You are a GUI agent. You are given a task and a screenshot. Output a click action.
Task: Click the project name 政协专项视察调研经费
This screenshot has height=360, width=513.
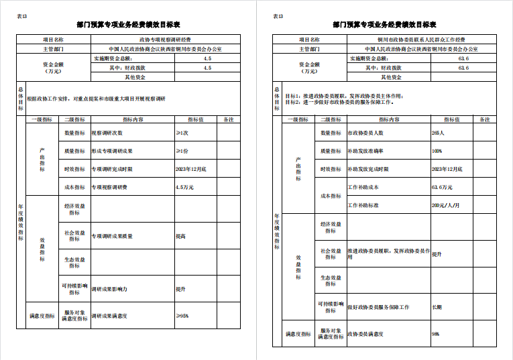coord(164,40)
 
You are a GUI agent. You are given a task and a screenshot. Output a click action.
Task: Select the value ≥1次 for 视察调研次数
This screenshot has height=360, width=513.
coord(182,133)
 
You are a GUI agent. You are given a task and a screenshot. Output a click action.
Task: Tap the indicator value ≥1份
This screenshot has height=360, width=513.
coord(182,151)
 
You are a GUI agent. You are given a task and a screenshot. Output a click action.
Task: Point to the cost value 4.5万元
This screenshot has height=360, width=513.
coord(184,187)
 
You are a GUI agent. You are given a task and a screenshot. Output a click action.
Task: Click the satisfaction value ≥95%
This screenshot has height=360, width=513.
coord(182,315)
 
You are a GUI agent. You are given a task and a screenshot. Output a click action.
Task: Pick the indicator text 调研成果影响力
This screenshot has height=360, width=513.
coord(109,289)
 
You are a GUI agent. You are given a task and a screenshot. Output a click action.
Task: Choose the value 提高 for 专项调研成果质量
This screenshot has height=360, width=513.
coord(181,236)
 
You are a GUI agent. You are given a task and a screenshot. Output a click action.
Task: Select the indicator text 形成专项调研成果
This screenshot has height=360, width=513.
coord(112,151)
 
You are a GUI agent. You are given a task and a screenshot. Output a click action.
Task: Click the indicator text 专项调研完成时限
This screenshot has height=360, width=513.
coord(112,169)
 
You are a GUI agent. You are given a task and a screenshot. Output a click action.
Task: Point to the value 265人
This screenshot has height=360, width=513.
coord(439,133)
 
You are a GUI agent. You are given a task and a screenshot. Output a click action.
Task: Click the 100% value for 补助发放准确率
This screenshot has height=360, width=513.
coord(437,152)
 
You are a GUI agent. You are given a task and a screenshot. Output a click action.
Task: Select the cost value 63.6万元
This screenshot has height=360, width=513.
coord(442,187)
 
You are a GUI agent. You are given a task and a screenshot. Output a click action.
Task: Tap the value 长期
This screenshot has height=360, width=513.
coord(437,307)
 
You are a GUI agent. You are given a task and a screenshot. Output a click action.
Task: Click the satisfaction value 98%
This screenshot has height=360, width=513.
coord(436,333)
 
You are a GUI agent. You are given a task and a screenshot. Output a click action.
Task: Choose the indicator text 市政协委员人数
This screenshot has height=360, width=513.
coord(365,133)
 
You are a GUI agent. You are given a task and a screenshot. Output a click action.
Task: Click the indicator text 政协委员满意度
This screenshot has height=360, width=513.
coord(365,333)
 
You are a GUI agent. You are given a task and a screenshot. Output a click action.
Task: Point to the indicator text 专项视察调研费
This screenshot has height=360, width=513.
coord(109,187)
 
